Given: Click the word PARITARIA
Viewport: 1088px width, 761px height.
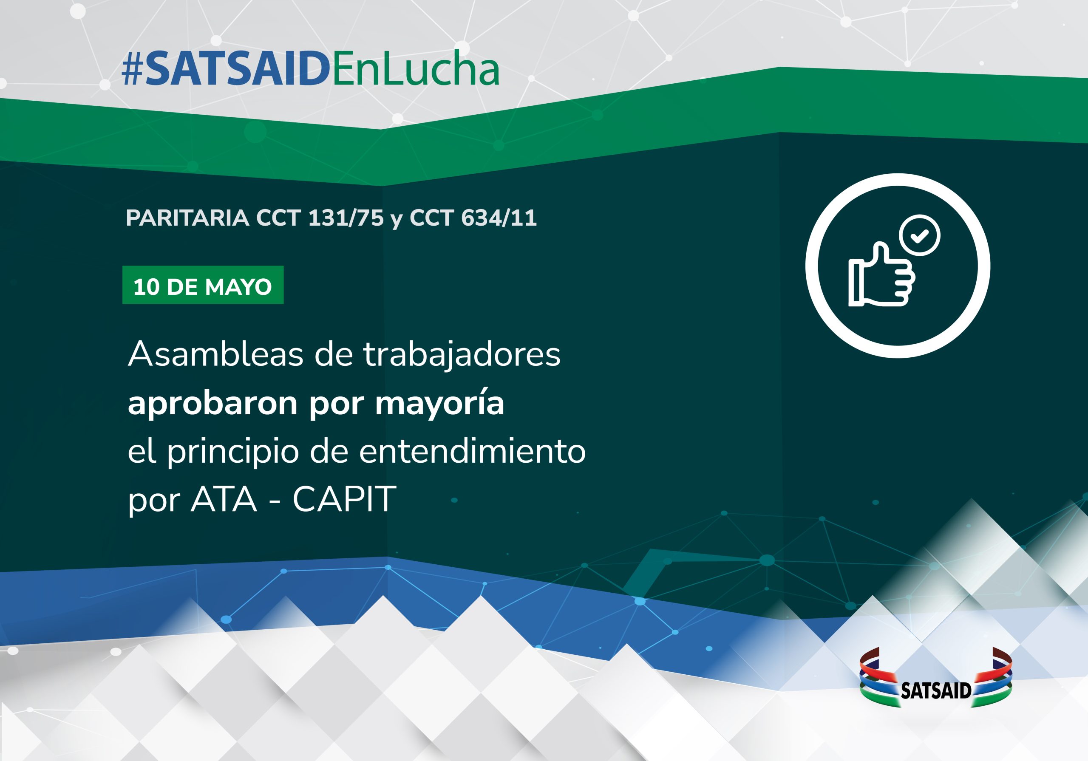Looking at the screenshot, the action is point(188,218).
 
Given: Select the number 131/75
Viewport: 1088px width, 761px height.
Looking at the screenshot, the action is point(346,218).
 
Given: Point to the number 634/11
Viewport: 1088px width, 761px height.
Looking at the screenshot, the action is point(499,218).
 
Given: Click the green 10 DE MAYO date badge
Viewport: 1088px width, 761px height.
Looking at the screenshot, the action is point(203,285).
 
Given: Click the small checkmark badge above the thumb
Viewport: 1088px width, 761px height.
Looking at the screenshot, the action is point(920,235).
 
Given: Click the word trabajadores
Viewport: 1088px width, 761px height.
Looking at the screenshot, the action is point(462,355).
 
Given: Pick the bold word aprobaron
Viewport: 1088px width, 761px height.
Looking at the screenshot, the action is point(213,403).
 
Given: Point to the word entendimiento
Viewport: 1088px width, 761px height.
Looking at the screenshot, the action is point(472,451).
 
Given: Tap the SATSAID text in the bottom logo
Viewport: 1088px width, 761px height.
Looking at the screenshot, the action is point(936,691).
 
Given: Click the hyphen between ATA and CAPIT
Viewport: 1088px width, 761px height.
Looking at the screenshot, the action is point(275,501).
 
